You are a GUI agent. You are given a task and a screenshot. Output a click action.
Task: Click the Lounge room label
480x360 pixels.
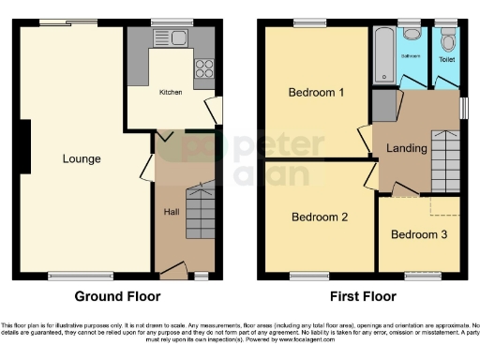[82, 158]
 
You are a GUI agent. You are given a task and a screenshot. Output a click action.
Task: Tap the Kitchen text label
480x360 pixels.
[171, 92]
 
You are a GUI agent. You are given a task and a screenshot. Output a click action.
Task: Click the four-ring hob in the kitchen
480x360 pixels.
[203, 67]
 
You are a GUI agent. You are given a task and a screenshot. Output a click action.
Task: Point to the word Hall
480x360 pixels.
[172, 212]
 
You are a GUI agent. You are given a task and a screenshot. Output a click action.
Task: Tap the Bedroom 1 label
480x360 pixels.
[316, 93]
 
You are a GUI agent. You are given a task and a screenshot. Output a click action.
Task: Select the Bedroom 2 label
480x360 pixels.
[319, 217]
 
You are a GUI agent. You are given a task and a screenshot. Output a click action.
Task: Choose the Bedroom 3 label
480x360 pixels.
[419, 234]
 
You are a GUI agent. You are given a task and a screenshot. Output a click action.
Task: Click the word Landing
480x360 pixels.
[406, 148]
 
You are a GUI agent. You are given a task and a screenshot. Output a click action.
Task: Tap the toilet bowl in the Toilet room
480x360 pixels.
[447, 39]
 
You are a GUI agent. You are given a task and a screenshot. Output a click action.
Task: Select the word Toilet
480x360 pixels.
[446, 60]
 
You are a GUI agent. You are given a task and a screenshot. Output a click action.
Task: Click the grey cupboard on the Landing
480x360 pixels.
[383, 106]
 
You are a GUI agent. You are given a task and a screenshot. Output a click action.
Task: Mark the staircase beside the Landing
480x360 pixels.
[444, 161]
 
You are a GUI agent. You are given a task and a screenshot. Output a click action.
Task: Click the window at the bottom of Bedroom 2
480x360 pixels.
[302, 277]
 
